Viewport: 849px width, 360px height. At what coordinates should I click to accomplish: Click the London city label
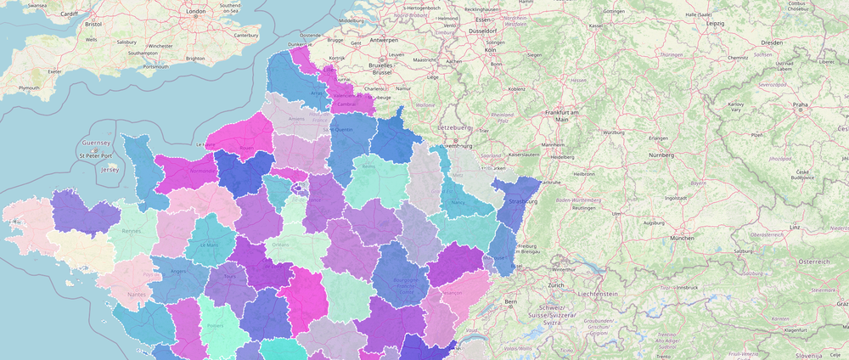point(196,11)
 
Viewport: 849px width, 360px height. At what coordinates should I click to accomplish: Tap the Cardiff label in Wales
point(70,14)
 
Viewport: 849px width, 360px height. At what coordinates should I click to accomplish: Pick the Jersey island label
point(109,169)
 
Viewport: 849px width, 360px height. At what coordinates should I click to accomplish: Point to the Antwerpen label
point(384,40)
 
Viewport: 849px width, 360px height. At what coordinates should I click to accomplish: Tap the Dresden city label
point(772,42)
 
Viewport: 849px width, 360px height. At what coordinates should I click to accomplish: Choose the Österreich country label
point(812,262)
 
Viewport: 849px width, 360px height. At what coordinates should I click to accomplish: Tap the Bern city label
point(511,301)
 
